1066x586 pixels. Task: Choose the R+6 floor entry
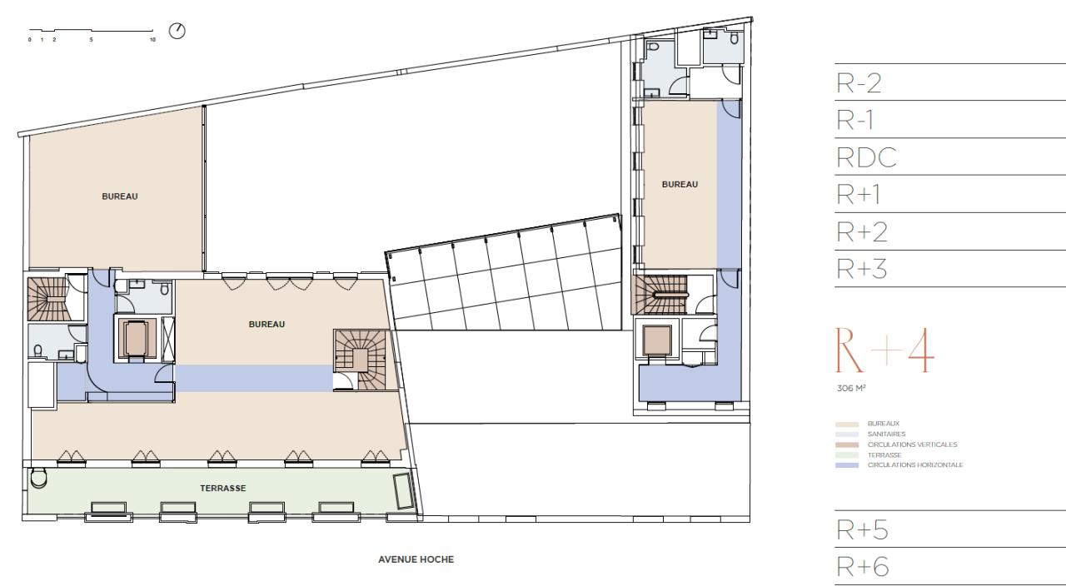[859, 568]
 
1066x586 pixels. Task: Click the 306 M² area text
[848, 387]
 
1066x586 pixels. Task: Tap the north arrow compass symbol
[177, 31]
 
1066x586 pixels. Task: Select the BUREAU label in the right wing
[680, 184]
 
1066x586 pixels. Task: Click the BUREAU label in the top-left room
[119, 196]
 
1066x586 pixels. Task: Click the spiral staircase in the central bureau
[360, 359]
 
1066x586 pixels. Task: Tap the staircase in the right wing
[660, 294]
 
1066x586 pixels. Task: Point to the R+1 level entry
[859, 195]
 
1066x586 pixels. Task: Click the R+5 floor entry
[859, 530]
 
